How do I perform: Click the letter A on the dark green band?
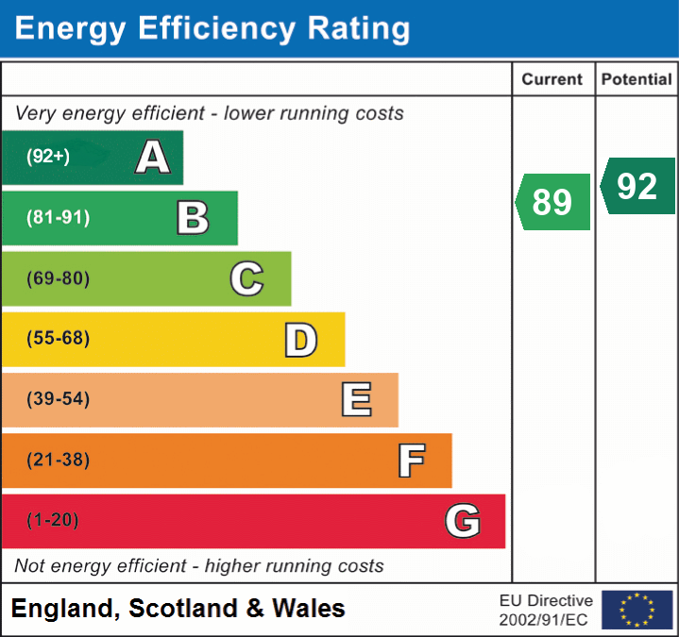[152, 158]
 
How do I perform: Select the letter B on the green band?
[193, 218]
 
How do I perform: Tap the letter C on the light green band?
[246, 278]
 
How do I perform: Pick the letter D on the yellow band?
[300, 340]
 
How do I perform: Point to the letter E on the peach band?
[355, 400]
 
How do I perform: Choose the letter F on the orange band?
[410, 461]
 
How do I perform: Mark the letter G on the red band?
[463, 521]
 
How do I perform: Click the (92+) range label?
[48, 158]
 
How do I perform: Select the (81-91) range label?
[58, 218]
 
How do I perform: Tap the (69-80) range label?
[58, 278]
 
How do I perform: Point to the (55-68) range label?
[58, 339]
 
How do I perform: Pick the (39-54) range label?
[58, 399]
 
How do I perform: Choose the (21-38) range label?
[58, 460]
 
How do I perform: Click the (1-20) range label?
[53, 520]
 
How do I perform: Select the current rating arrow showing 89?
[553, 202]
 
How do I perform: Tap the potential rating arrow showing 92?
[637, 186]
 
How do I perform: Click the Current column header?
[552, 80]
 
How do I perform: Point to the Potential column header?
[637, 80]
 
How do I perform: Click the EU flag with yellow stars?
[637, 610]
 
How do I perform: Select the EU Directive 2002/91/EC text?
[546, 610]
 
